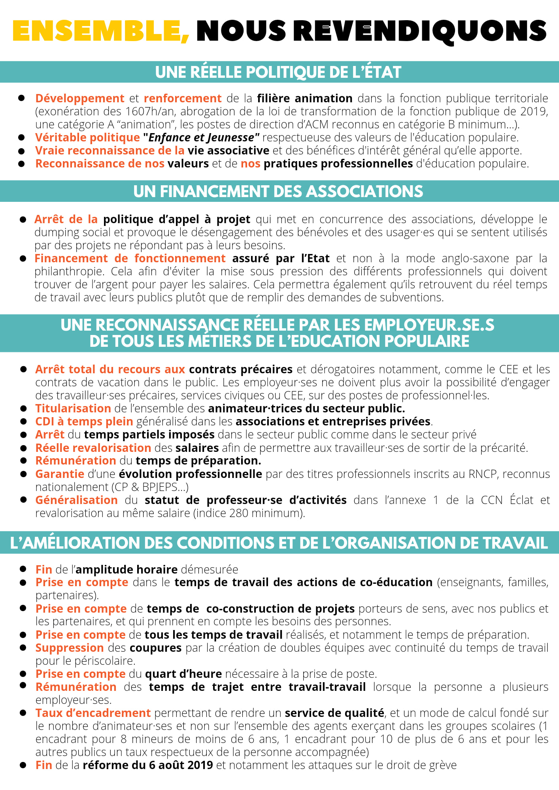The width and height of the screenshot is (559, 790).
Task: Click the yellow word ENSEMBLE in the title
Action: [x=97, y=31]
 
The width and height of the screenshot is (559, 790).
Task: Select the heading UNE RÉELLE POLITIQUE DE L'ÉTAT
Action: [x=278, y=72]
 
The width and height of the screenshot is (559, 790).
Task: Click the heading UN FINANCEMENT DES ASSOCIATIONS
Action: [x=278, y=192]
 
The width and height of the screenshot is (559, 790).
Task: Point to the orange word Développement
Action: [x=80, y=98]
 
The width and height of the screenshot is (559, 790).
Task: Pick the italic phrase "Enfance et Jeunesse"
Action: [x=201, y=137]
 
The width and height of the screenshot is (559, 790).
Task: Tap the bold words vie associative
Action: [x=229, y=150]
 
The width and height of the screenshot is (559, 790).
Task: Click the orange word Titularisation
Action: [x=73, y=408]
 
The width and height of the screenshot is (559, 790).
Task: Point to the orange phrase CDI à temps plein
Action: [x=84, y=421]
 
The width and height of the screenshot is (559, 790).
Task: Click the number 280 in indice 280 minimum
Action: [x=238, y=513]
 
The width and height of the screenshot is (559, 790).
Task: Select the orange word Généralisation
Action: [x=77, y=500]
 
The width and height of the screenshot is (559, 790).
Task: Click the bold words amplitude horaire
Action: [x=127, y=570]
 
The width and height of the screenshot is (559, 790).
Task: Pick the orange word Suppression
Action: [x=70, y=648]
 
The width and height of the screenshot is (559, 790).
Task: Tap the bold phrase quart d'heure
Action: [x=183, y=674]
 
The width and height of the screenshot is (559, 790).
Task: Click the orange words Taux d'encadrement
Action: [x=93, y=713]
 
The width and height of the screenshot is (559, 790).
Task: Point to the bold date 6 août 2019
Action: [x=181, y=765]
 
